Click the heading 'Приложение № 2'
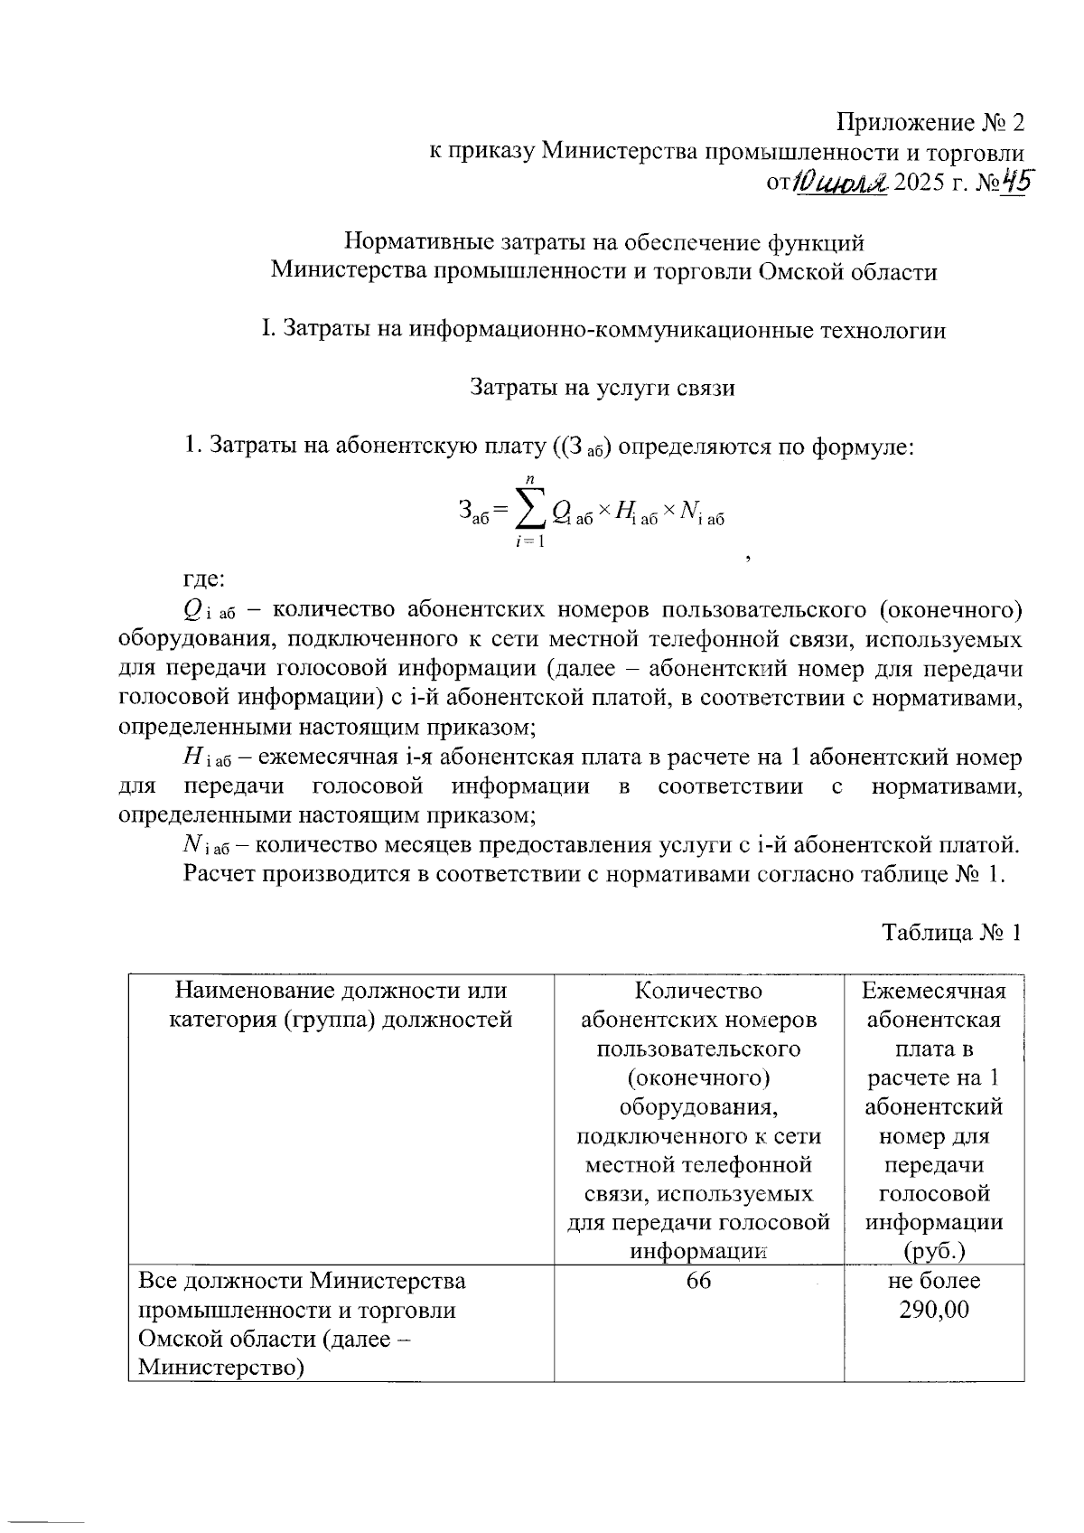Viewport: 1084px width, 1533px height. click(931, 122)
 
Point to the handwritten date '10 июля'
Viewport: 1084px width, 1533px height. click(839, 183)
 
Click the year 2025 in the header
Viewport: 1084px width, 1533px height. click(920, 183)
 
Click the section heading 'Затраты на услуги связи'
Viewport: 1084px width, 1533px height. click(603, 388)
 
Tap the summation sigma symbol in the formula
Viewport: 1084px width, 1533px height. click(530, 512)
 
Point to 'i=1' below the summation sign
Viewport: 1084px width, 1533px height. click(529, 542)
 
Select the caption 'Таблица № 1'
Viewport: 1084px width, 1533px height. click(950, 933)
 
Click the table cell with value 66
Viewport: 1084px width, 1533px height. click(698, 1281)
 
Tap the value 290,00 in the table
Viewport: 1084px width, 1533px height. click(933, 1310)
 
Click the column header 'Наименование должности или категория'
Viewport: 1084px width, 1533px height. click(341, 1005)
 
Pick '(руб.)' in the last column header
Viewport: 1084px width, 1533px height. click(933, 1251)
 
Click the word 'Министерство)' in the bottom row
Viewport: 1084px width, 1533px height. click(220, 1368)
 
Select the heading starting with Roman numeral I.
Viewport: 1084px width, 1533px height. click(603, 330)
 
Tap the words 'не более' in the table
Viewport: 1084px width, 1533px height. click(933, 1281)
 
